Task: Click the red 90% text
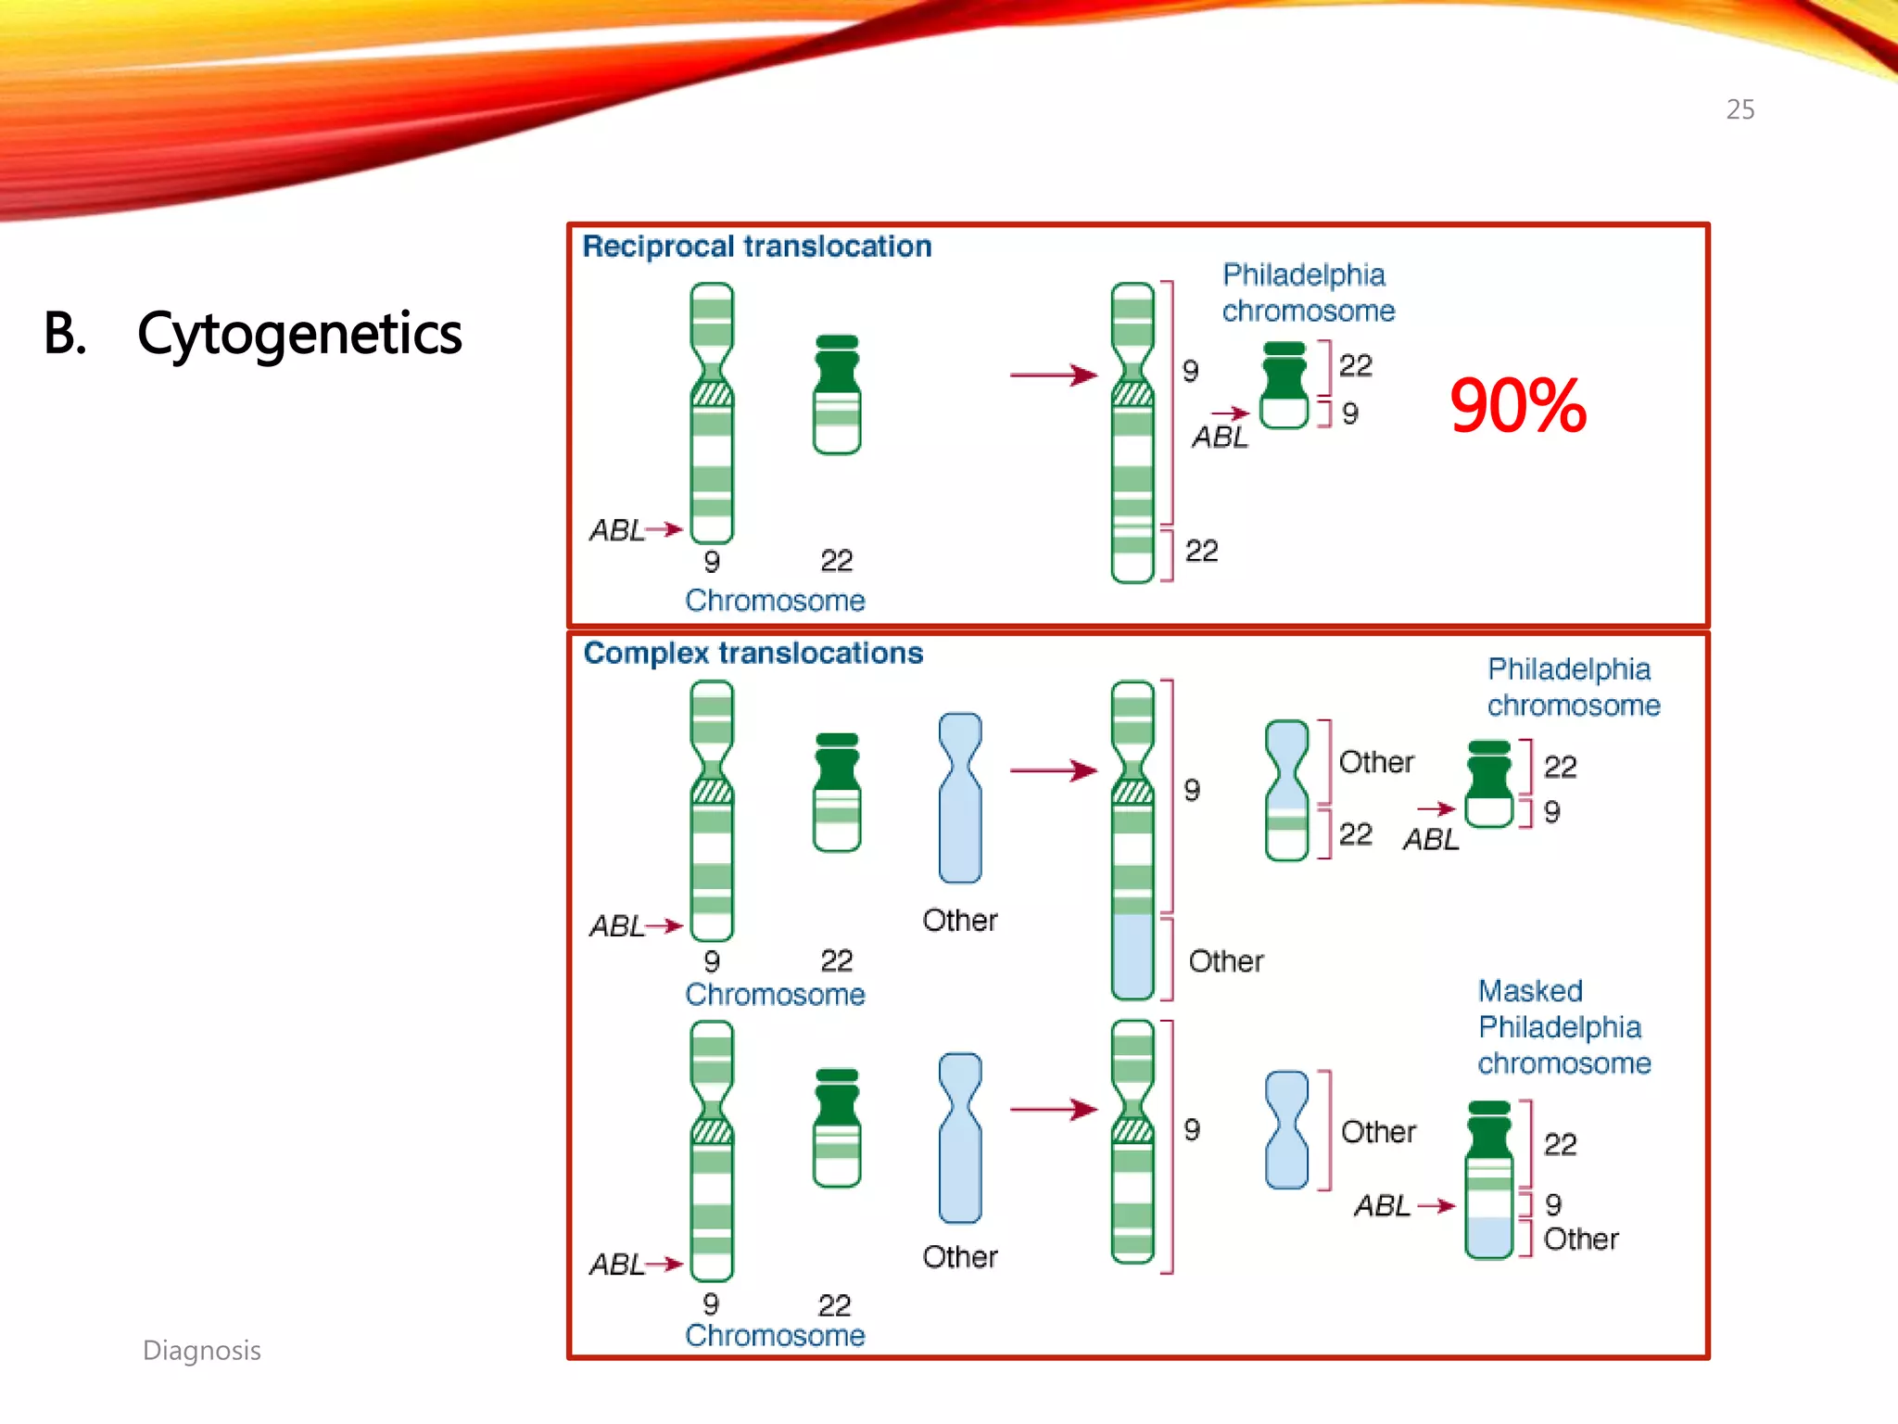tap(1517, 406)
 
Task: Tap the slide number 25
tap(1740, 109)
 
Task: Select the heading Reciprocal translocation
tap(756, 247)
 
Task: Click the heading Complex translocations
tap(753, 653)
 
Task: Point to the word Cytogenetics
tap(299, 334)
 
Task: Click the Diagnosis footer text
tap(201, 1350)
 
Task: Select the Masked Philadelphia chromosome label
tap(1563, 1027)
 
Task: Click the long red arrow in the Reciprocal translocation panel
tap(1053, 375)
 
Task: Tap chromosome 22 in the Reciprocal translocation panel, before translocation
tap(836, 395)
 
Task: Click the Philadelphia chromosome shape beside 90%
tap(1284, 386)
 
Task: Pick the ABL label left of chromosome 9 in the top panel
tap(616, 530)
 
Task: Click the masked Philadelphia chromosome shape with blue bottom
tap(1489, 1179)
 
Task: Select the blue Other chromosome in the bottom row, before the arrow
tap(959, 1138)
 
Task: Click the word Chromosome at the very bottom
tap(775, 1335)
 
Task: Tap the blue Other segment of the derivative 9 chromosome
tap(1132, 957)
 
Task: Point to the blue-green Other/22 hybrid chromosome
tap(1286, 791)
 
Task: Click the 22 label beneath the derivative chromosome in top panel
tap(1201, 551)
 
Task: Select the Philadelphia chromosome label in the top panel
tap(1307, 292)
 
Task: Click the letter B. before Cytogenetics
tap(65, 334)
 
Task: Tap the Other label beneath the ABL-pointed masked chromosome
tap(1580, 1240)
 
